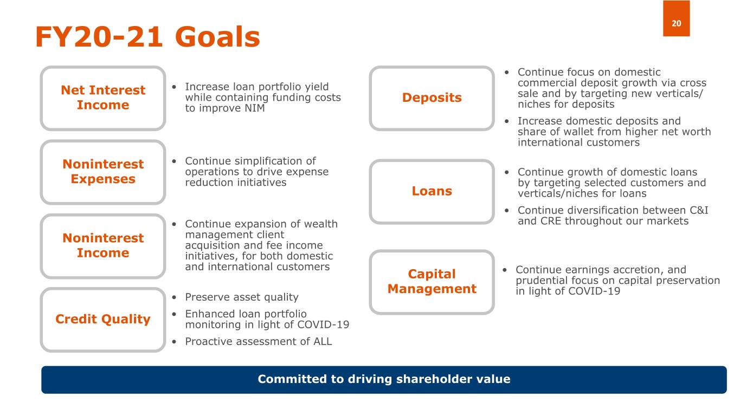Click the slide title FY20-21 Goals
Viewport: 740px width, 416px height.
pos(147,37)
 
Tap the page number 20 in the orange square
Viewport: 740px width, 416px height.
pos(676,23)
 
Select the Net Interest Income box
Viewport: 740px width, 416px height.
pos(103,98)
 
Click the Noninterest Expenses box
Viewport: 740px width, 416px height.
pos(103,172)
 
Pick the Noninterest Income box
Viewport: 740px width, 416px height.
pos(103,246)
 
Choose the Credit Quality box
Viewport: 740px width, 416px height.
pos(103,320)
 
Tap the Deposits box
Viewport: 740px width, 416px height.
pos(432,98)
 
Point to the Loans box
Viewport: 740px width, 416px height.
pos(432,192)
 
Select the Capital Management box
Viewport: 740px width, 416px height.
pos(432,282)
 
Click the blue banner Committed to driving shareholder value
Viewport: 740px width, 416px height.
pos(384,380)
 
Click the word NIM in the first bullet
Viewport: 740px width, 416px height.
pos(255,108)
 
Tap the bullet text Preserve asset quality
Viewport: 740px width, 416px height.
pos(241,297)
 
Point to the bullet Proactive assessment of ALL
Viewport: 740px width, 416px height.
pos(259,341)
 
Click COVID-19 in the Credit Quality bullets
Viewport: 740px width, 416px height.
pos(323,324)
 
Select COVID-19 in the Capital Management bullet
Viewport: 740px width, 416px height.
pos(594,291)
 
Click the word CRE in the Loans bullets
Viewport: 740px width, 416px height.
pos(551,221)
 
